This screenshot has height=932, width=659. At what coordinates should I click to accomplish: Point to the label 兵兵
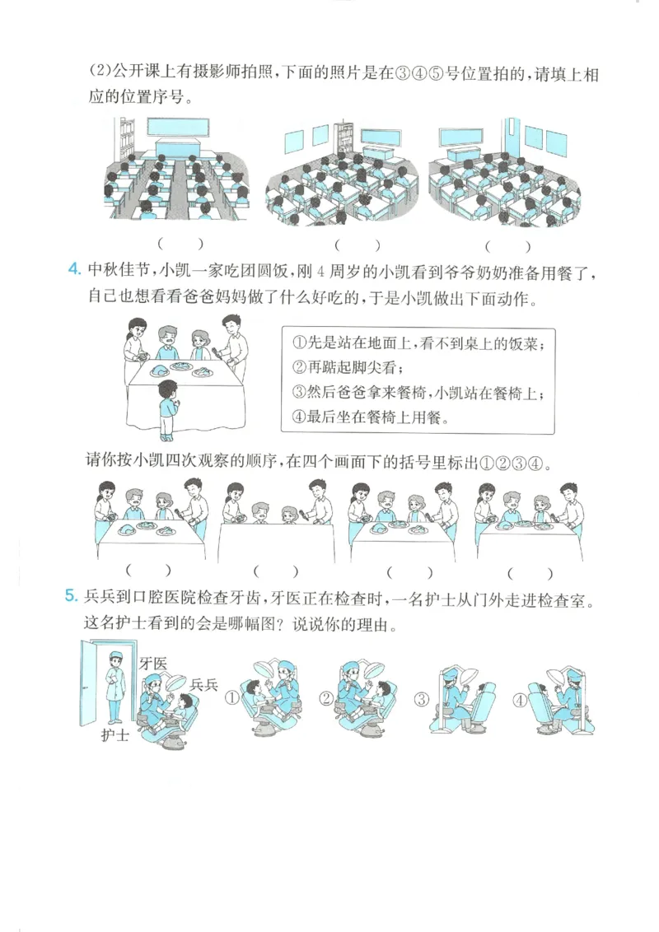[203, 685]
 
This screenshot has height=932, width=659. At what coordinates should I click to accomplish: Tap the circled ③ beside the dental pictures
[421, 701]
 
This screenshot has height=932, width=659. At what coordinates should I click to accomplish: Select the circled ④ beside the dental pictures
[520, 701]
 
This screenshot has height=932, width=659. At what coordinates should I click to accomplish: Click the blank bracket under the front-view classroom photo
[180, 244]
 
